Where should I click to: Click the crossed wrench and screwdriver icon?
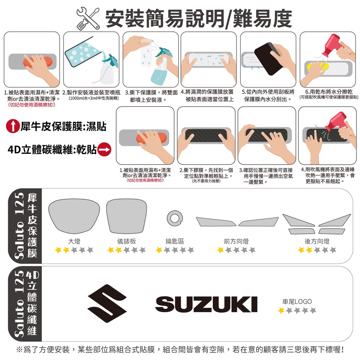tap(88, 18)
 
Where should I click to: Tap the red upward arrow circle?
tap(13, 126)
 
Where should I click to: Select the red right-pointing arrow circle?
tap(104, 149)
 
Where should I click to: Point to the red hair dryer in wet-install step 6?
tap(334, 45)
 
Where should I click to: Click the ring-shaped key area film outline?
tap(175, 218)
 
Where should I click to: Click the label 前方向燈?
tap(236, 241)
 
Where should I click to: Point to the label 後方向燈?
tap(317, 241)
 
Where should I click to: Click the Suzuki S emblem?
tap(107, 303)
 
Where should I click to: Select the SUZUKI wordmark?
tap(206, 304)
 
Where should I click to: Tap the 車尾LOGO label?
tap(297, 301)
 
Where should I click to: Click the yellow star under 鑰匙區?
tap(159, 250)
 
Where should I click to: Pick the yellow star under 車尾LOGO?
tap(281, 310)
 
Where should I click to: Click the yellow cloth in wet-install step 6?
tap(316, 66)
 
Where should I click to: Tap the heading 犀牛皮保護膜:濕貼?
tap(64, 126)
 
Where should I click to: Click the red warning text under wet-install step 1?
tap(31, 105)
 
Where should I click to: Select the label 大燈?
tap(74, 241)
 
